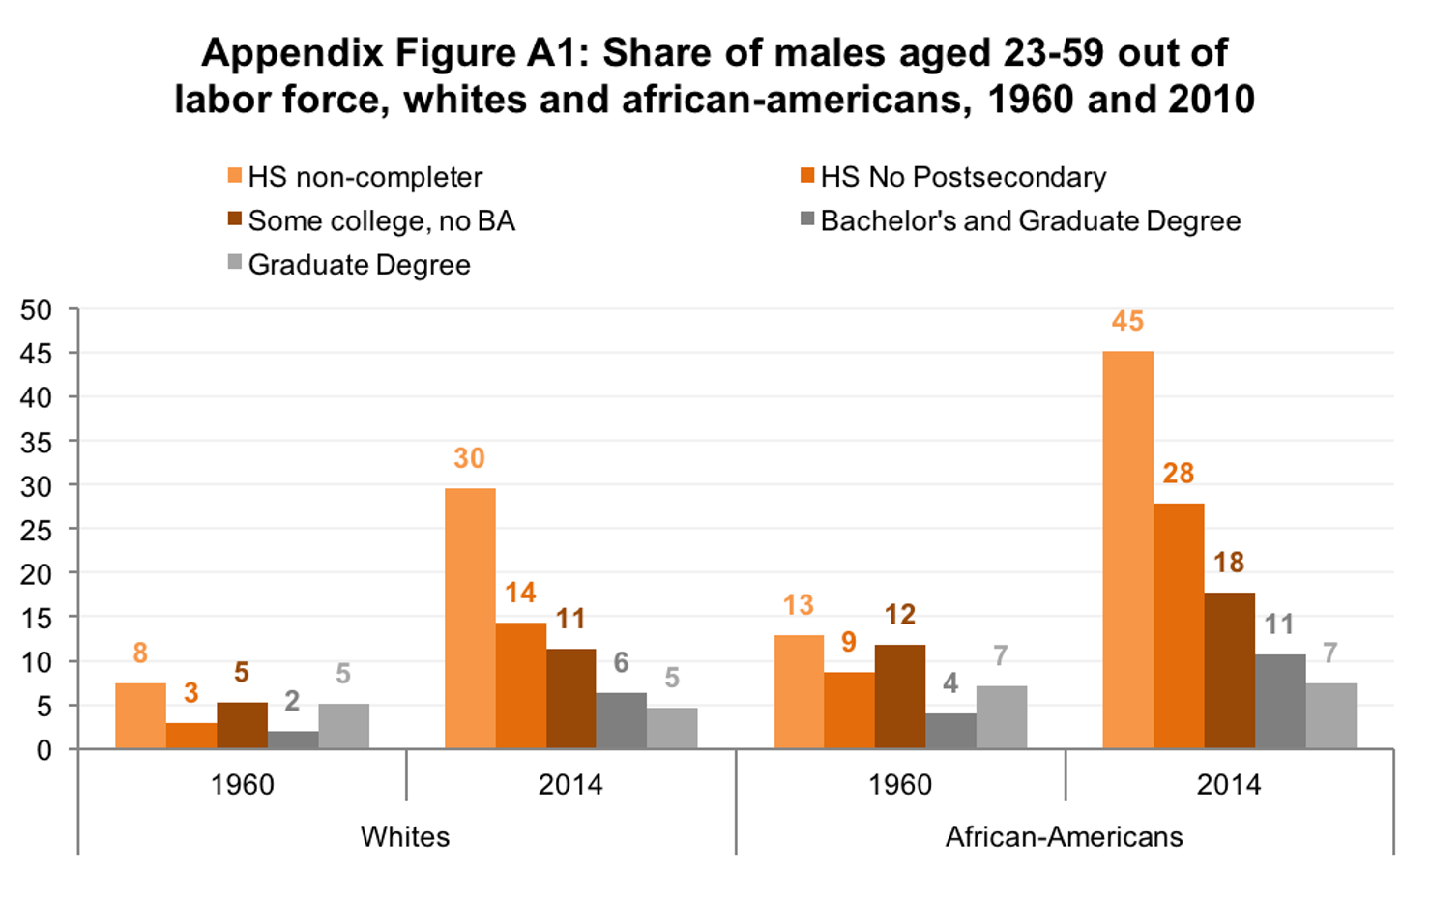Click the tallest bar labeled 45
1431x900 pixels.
tap(1127, 549)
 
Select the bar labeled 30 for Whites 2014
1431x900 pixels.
tap(470, 618)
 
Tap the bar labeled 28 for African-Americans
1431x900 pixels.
tap(1179, 625)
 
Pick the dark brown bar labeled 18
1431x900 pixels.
tap(1229, 670)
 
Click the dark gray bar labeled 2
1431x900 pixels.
tap(293, 740)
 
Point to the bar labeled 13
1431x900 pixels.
tap(799, 691)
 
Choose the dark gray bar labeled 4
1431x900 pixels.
tap(950, 731)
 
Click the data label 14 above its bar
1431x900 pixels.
tap(520, 593)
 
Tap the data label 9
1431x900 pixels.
tap(849, 642)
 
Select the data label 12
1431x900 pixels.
tap(899, 615)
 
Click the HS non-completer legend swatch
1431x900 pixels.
tap(234, 176)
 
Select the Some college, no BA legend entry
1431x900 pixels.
tap(381, 221)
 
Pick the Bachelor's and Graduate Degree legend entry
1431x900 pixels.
tap(1030, 221)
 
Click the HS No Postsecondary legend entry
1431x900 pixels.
tap(963, 177)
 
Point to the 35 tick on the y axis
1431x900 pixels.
tap(36, 442)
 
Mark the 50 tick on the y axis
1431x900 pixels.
tap(36, 310)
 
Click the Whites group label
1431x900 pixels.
tap(405, 836)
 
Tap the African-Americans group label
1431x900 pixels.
tap(1064, 836)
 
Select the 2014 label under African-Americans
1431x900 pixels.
tap(1228, 784)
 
